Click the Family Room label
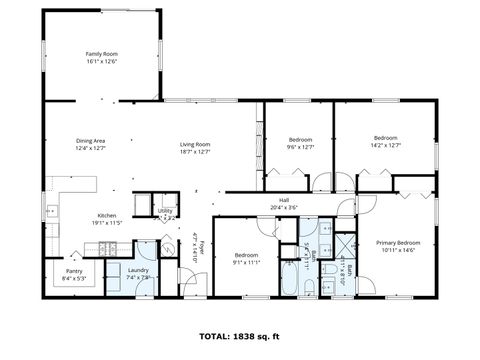tap(101, 53)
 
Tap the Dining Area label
tap(91, 141)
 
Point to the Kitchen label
tap(107, 215)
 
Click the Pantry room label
tap(74, 271)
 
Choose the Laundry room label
tap(137, 270)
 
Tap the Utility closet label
tap(166, 211)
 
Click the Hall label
tap(284, 200)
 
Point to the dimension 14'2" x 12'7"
tap(386, 145)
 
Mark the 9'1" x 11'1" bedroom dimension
tap(245, 262)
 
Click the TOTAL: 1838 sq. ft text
tap(240, 336)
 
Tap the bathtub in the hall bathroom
tap(288, 278)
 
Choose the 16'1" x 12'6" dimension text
tap(101, 61)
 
